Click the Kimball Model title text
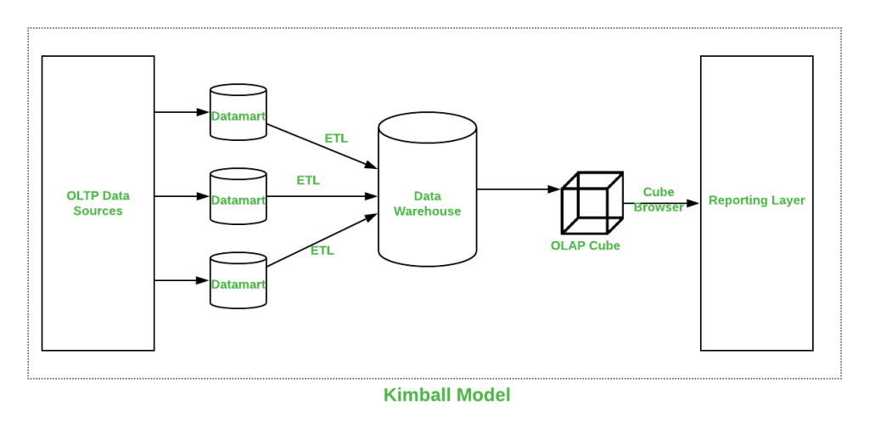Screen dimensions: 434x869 click(446, 395)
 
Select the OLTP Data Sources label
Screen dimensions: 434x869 click(98, 203)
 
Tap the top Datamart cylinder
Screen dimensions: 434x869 click(238, 112)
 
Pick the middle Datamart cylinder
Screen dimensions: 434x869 click(238, 197)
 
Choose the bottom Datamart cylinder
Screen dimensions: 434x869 click(238, 281)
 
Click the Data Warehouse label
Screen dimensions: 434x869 click(427, 204)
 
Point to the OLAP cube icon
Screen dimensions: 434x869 click(591, 203)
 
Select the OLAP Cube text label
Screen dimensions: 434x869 click(585, 245)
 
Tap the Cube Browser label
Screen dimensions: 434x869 click(659, 199)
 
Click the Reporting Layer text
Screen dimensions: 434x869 click(756, 200)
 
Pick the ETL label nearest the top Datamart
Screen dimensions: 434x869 click(336, 138)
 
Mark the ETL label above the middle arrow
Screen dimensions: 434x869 click(308, 180)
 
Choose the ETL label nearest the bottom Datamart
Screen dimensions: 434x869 click(322, 251)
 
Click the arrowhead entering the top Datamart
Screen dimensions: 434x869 click(204, 112)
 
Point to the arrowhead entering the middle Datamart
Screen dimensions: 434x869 click(204, 196)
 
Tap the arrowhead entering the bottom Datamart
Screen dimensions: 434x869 click(204, 280)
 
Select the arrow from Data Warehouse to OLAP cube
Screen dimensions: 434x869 click(518, 189)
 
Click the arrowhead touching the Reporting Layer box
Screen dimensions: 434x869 click(693, 203)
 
